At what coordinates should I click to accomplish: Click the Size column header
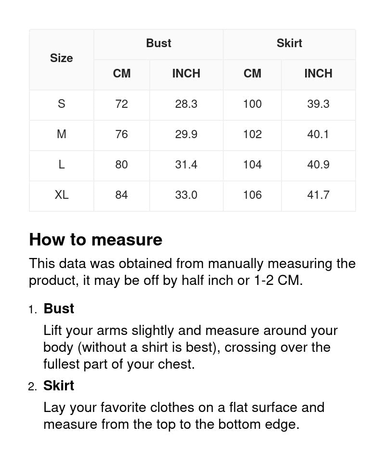click(61, 58)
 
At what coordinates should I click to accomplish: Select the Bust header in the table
click(158, 43)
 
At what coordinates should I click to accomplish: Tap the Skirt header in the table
click(289, 43)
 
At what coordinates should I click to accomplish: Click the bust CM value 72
click(121, 104)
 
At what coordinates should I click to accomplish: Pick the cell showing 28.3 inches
click(186, 104)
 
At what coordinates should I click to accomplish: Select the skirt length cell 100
click(252, 104)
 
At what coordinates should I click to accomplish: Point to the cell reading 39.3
click(318, 104)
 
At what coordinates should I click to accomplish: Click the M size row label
click(61, 134)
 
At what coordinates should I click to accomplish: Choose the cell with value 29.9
click(186, 134)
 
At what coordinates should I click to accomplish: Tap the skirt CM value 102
click(252, 134)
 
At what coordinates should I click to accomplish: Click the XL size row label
click(61, 195)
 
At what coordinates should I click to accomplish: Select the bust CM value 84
click(121, 195)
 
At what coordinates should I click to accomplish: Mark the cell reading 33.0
click(186, 195)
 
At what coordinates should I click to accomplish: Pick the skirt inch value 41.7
click(318, 195)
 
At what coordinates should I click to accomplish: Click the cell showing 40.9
click(318, 165)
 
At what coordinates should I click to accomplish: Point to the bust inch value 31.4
click(186, 165)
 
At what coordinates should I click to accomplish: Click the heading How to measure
click(95, 240)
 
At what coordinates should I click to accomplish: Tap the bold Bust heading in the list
click(59, 309)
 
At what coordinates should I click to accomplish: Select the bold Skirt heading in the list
click(59, 386)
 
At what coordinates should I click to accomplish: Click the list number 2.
click(32, 386)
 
